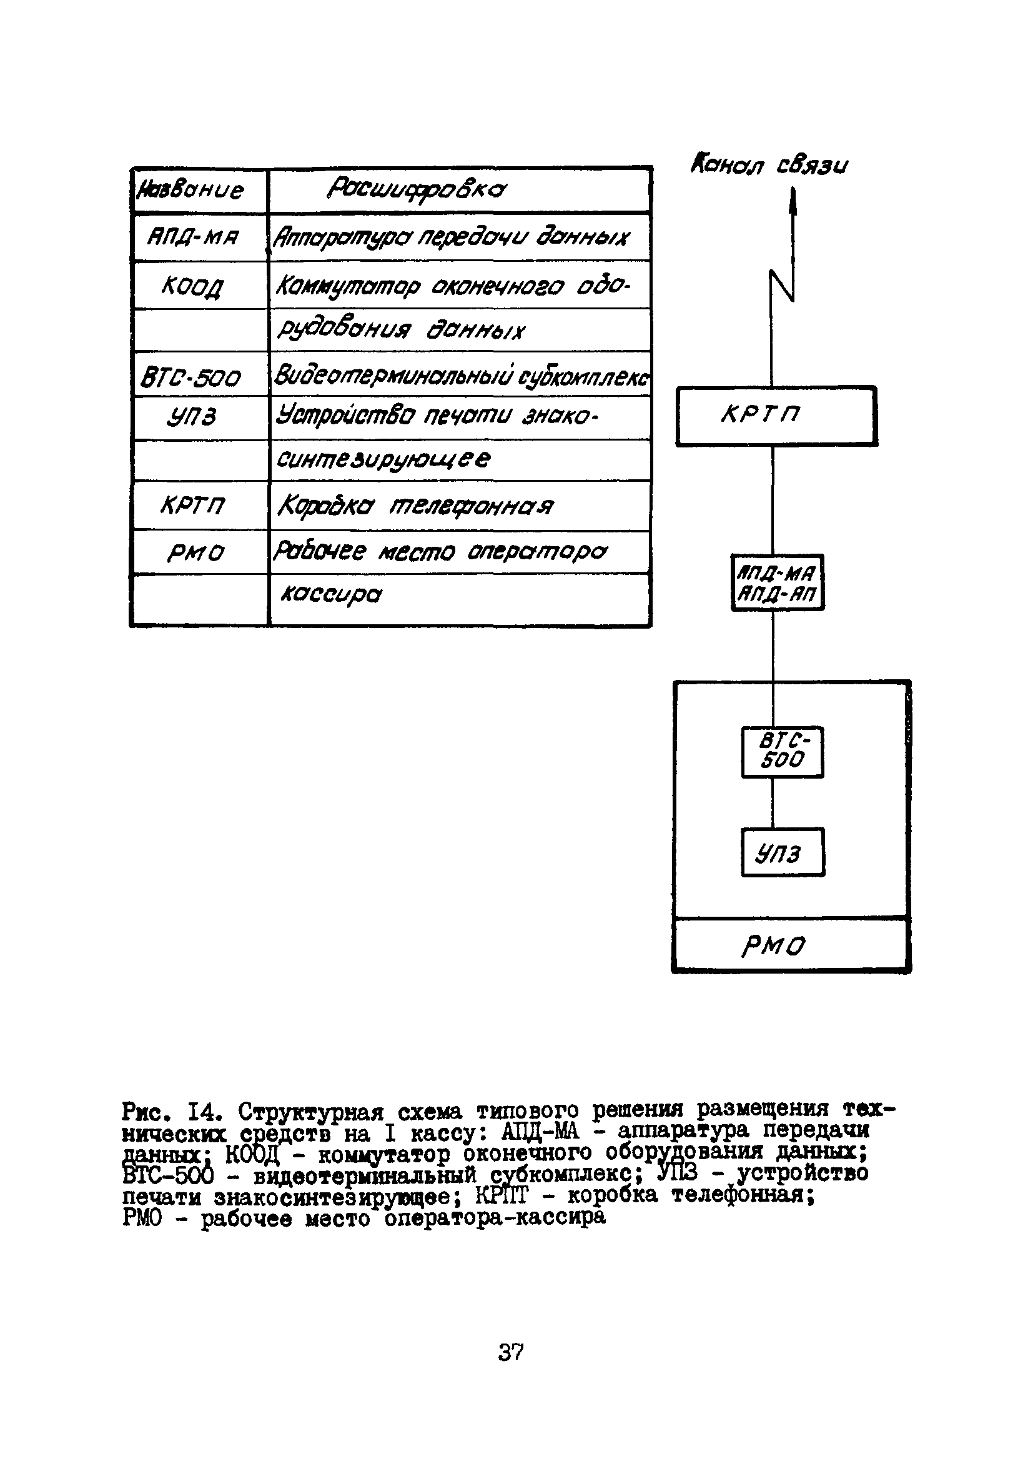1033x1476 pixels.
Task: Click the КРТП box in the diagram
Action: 776,416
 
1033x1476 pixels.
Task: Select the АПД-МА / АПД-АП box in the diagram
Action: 778,582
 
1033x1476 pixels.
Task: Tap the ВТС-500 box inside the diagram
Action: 782,752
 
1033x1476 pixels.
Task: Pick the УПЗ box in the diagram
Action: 782,852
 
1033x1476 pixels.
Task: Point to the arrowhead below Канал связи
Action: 793,202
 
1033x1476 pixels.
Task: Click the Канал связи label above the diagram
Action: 769,166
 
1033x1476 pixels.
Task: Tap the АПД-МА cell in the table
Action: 193,238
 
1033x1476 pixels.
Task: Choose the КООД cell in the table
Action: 193,286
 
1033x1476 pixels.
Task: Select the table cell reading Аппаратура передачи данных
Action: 452,238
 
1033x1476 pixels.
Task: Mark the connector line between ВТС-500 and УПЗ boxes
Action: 773,802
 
